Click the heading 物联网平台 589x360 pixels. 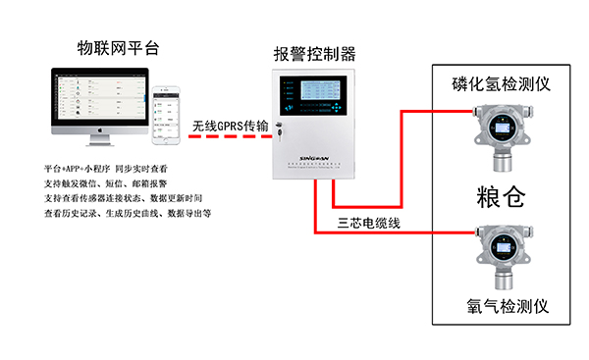click(x=116, y=47)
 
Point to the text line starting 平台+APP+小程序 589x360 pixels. click(x=112, y=170)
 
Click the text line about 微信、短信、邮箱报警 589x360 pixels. click(x=112, y=183)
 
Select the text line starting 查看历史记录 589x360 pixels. click(x=128, y=212)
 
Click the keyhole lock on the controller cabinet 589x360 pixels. click(x=278, y=126)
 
